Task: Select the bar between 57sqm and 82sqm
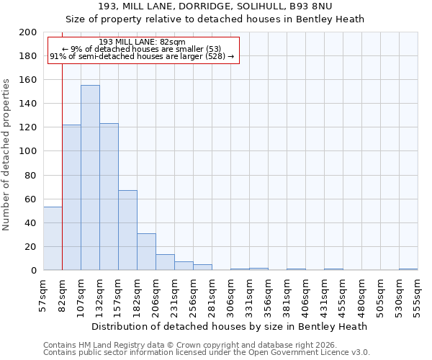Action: tap(53, 238)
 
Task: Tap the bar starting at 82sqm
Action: tap(71, 197)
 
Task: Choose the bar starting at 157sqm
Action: tap(127, 230)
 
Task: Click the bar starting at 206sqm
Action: tap(165, 262)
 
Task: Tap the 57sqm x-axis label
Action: tap(44, 295)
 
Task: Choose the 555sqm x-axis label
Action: tap(418, 295)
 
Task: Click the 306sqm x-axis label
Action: tap(231, 295)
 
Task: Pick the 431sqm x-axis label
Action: tap(325, 295)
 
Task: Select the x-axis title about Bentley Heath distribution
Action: tap(230, 326)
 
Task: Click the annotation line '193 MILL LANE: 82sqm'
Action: tap(142, 42)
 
